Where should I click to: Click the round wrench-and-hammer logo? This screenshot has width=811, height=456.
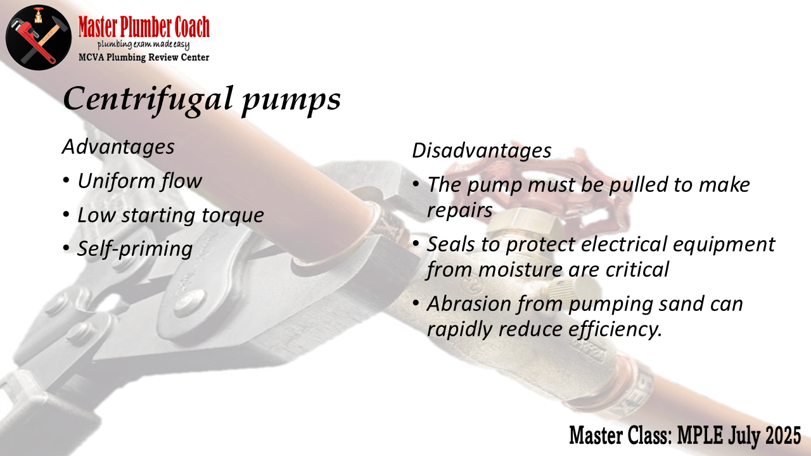click(x=39, y=37)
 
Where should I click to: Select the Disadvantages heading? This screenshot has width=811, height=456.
click(x=482, y=150)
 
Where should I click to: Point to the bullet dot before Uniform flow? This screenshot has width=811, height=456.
click(x=66, y=180)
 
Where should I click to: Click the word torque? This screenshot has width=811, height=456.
click(x=233, y=216)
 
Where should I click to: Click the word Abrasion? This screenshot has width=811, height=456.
click(x=469, y=303)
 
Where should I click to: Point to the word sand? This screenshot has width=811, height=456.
click(x=681, y=304)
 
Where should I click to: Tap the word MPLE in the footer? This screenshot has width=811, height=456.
click(x=700, y=435)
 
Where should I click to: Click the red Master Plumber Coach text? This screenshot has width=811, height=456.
click(x=144, y=27)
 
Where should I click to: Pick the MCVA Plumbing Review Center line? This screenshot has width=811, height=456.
click(x=144, y=57)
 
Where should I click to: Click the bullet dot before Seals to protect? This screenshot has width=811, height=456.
click(x=416, y=243)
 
